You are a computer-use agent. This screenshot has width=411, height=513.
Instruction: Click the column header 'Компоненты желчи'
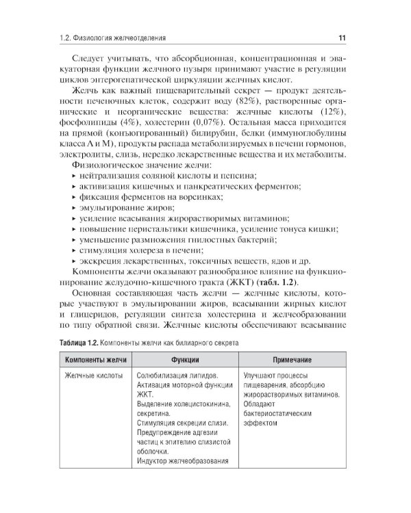tap(94, 359)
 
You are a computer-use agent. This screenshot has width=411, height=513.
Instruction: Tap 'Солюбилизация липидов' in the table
tap(178, 376)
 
